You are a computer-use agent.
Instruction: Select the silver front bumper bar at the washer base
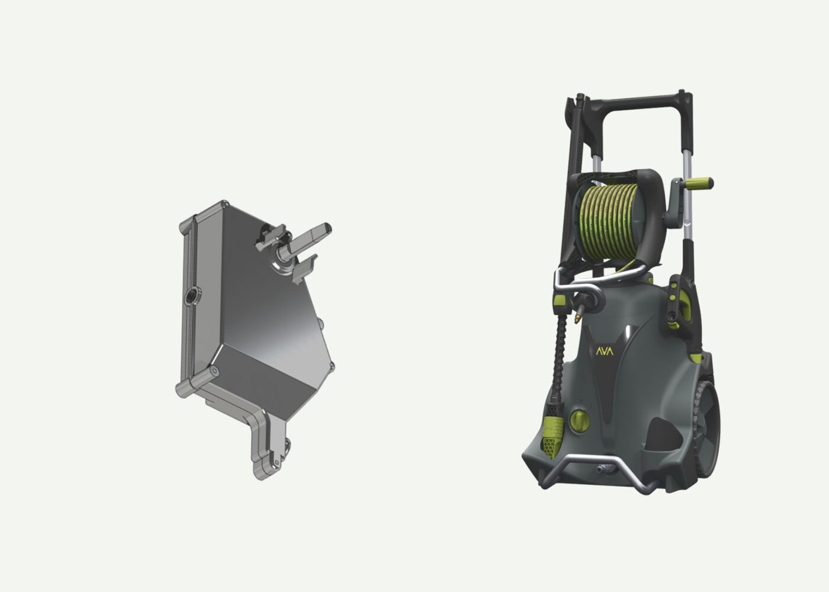click(x=598, y=468)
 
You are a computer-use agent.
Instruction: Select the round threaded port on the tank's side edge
click(x=192, y=296)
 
